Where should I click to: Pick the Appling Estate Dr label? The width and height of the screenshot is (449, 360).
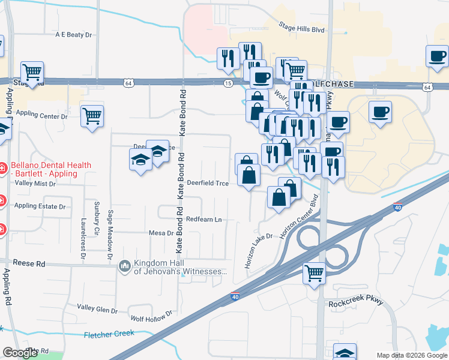[40, 206]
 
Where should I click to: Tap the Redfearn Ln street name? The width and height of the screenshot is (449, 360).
[204, 220]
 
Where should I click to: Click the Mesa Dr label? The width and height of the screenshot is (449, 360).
[161, 233]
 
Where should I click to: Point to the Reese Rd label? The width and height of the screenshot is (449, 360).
[32, 263]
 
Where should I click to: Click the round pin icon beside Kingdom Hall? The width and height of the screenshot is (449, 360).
[125, 265]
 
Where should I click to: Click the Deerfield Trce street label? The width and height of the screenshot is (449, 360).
[207, 183]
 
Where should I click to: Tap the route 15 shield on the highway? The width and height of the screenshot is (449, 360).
[228, 83]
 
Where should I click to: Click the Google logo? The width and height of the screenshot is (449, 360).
[20, 353]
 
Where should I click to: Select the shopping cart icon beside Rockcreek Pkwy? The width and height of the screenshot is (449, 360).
[314, 274]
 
